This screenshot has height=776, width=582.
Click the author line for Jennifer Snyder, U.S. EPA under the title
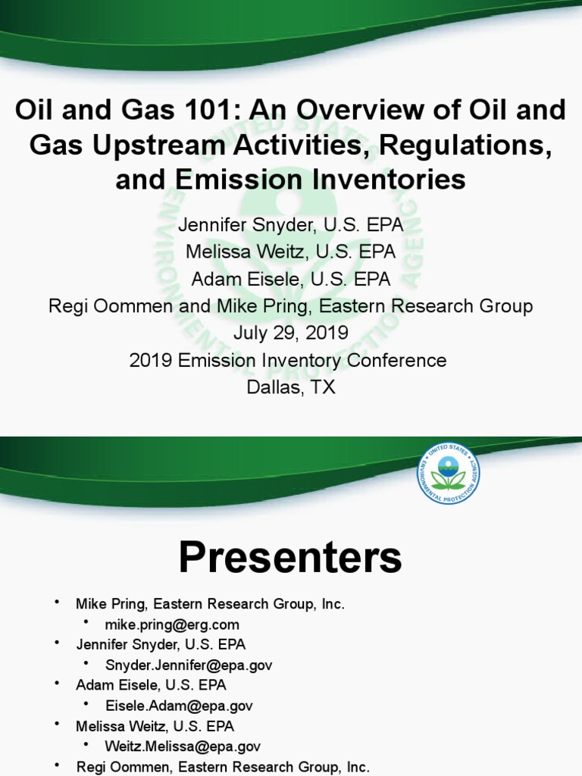(290, 224)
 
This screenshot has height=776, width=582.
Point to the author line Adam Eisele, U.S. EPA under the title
(290, 279)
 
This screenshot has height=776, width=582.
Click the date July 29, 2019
(290, 333)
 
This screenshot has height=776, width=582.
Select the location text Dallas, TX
(290, 386)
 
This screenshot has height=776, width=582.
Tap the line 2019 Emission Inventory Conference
(288, 360)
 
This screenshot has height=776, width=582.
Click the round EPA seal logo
(448, 473)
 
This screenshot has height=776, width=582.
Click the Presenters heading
(290, 559)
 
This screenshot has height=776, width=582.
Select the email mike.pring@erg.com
(172, 624)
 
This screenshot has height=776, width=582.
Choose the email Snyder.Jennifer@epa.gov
(189, 665)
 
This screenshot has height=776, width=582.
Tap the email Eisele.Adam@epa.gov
(179, 706)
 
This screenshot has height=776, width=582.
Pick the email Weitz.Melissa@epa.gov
(183, 746)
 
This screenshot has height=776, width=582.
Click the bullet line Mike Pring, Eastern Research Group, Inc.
(210, 604)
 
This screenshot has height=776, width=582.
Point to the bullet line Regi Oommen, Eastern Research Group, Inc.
(222, 767)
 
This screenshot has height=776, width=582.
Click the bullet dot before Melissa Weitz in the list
(56, 724)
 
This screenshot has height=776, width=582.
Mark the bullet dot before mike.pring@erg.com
(86, 623)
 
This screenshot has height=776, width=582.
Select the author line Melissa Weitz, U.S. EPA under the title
(290, 252)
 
